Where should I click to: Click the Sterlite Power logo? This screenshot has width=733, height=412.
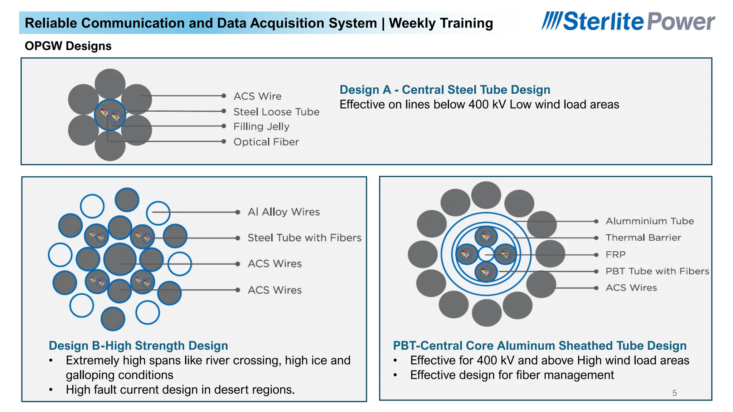coord(628,21)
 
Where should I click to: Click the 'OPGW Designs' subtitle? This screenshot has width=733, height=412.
coord(68,46)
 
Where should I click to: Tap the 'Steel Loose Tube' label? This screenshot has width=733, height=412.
coord(276,112)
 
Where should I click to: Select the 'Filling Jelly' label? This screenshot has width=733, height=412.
coord(261,127)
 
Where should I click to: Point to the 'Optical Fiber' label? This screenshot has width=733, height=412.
coord(266,142)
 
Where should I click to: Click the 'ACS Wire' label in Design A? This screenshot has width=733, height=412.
coord(257,96)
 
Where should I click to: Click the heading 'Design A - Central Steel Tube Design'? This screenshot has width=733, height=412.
coord(445,90)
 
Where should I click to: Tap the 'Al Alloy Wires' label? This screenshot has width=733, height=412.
coord(283,212)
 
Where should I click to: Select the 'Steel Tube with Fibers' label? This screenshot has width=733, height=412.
coord(304,238)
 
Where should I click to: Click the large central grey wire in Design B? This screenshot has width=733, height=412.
coord(120,259)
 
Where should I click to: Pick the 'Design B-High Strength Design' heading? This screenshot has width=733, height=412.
coord(138,346)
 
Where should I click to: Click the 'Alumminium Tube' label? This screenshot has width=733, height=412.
coord(649,221)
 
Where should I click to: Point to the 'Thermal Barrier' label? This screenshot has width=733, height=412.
coord(643,238)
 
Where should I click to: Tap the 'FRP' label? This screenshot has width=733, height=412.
coord(615,255)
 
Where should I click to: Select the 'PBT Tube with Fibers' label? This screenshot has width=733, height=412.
coord(657,271)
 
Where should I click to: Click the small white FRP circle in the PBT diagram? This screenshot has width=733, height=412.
coord(486,254)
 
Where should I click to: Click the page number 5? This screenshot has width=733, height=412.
coord(674,393)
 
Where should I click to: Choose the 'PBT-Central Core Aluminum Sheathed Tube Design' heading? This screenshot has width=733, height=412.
coord(539,346)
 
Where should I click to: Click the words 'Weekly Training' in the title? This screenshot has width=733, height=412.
coord(441,23)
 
